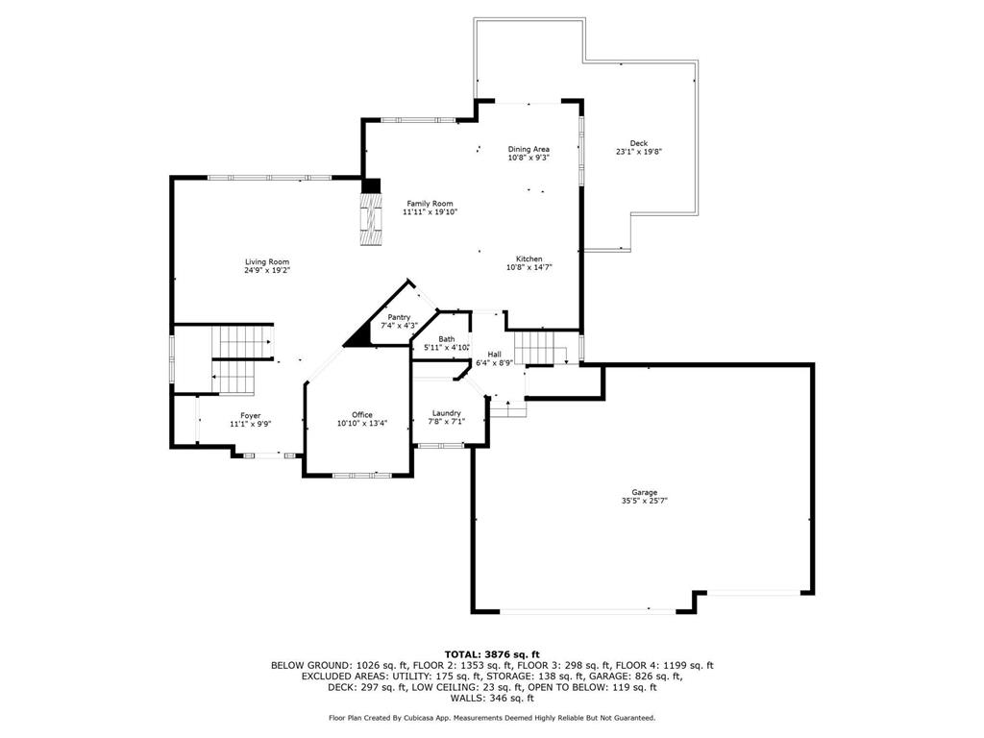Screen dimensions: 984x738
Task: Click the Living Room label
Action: tap(267, 261)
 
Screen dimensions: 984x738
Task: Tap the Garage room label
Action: tap(645, 493)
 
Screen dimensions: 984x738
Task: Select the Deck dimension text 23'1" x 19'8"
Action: tap(639, 151)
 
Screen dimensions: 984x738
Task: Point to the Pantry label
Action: tap(399, 317)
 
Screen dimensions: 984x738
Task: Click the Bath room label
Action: tap(447, 339)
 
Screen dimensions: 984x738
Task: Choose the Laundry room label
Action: tap(447, 413)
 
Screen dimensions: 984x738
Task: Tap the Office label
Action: tap(362, 415)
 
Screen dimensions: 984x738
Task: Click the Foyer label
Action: tap(251, 415)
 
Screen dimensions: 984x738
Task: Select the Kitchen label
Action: tap(529, 258)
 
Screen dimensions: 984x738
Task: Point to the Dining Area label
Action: tap(529, 149)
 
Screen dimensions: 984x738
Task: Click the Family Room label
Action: tap(430, 204)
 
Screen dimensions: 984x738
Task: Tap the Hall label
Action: tap(495, 355)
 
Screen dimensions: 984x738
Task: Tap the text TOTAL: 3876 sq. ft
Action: tap(492, 654)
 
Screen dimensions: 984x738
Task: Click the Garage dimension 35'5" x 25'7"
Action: tap(645, 501)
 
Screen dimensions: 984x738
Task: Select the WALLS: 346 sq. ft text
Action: tap(492, 698)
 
